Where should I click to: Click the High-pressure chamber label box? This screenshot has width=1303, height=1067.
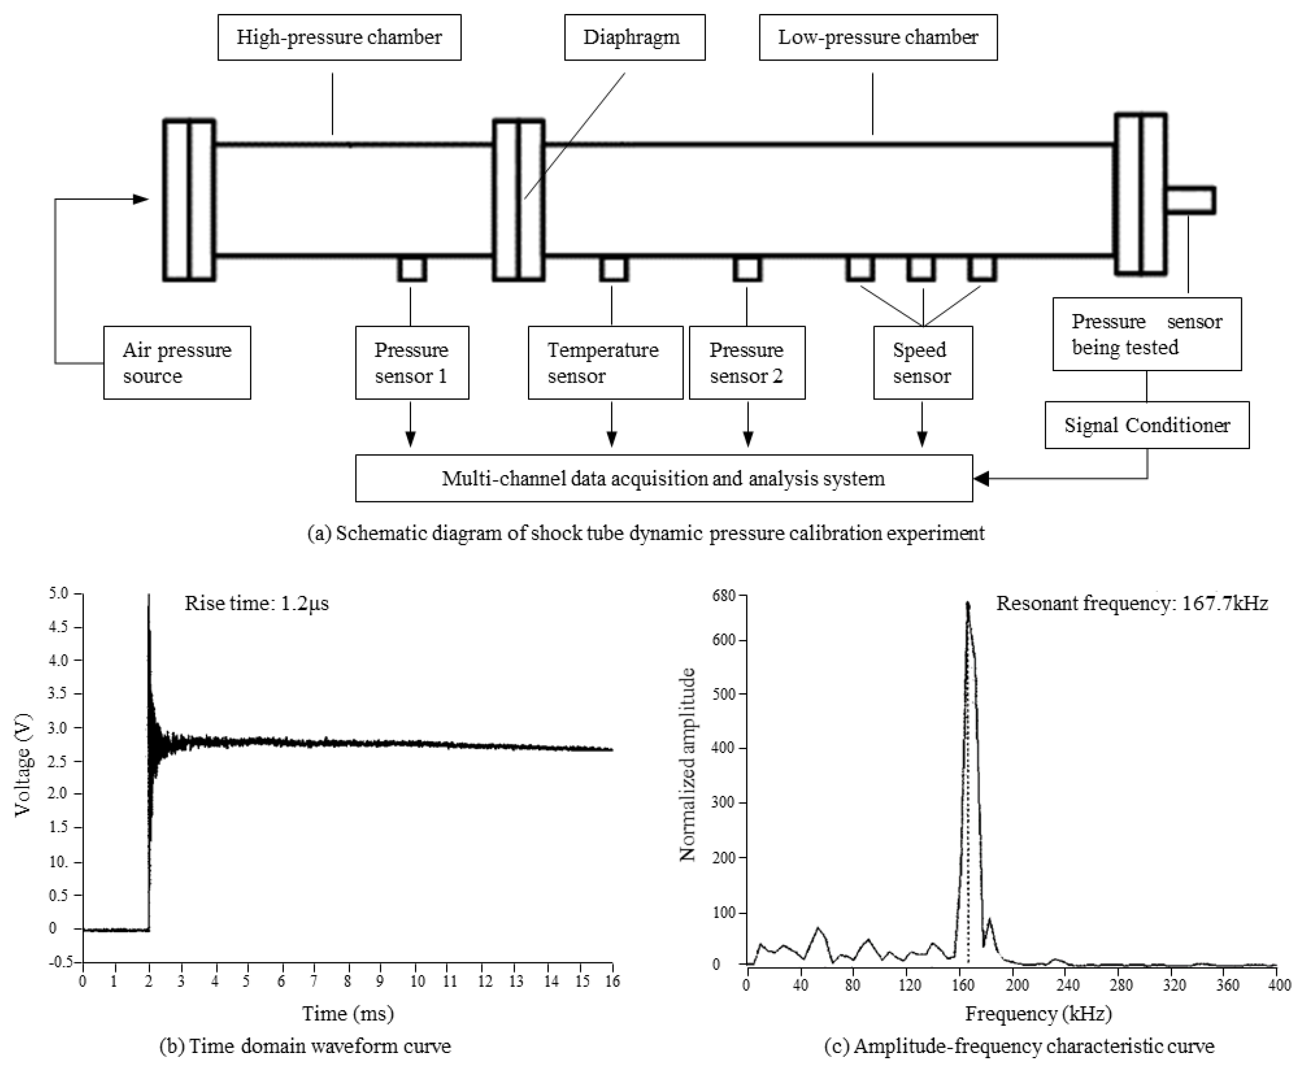(339, 37)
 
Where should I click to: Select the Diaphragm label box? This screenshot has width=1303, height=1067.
(634, 37)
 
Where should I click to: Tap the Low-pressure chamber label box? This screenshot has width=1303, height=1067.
(878, 37)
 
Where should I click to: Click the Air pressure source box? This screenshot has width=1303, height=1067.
(177, 363)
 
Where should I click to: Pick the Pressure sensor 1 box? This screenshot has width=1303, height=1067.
(412, 363)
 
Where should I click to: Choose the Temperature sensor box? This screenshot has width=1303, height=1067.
(606, 363)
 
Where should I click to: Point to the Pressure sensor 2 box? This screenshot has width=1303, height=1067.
(747, 363)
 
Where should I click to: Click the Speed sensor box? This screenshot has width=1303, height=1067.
(922, 363)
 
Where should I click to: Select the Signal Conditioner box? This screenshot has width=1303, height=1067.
(1147, 425)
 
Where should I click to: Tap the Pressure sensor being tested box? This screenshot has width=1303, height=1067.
(1147, 334)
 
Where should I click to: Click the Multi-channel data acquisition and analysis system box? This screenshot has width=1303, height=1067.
(664, 478)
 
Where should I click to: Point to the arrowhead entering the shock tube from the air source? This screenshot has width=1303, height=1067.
(142, 199)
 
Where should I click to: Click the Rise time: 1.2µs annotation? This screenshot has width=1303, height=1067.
(257, 603)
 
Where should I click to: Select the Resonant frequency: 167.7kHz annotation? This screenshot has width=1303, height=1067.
(1131, 603)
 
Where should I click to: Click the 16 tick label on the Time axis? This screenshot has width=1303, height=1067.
(612, 981)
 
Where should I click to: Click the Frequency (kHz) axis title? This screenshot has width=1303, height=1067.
(1038, 1014)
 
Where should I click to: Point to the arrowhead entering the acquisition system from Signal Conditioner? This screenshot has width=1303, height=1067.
(981, 478)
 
